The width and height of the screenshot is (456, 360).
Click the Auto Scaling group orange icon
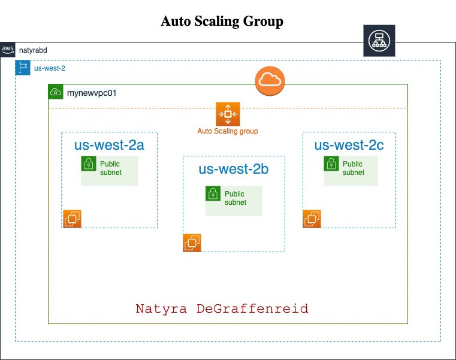[228, 114]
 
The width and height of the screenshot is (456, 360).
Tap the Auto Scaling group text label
[228, 131]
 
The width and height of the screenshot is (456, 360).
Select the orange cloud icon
[270, 81]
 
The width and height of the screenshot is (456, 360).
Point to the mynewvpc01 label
[92, 93]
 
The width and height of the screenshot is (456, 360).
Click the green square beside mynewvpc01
[56, 92]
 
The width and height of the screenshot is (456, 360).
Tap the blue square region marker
[23, 68]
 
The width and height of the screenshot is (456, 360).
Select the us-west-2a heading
[109, 146]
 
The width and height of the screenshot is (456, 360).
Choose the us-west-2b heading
[233, 170]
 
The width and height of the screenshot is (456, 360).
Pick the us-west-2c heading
[349, 146]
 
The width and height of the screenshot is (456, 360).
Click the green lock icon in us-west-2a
[89, 164]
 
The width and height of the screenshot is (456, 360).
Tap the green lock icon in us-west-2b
[213, 193]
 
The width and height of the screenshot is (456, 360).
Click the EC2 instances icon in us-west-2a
[73, 219]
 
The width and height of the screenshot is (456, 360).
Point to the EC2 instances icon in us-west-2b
[192, 243]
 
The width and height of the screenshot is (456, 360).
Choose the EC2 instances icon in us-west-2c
[312, 219]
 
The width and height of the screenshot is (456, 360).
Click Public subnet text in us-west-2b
[235, 198]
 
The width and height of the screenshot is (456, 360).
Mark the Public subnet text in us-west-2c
[353, 168]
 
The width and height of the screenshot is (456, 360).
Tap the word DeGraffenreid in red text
[252, 309]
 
